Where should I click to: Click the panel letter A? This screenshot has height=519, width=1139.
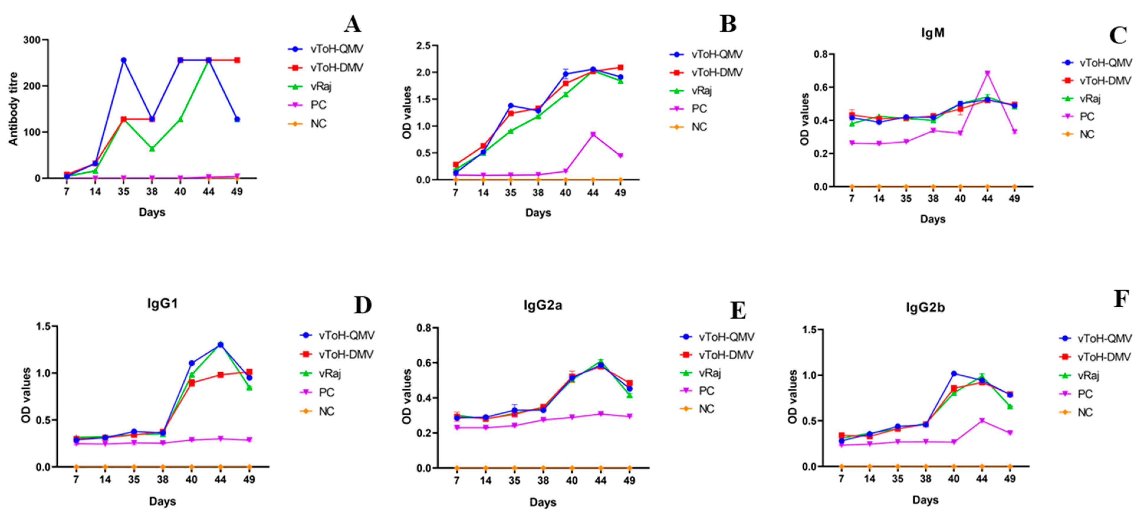click(352, 24)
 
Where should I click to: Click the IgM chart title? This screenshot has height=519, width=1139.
click(933, 33)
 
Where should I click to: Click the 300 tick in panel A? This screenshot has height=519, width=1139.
click(32, 40)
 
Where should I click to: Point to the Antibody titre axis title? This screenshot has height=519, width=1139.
click(13, 109)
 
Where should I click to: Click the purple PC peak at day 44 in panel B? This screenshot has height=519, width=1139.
click(593, 134)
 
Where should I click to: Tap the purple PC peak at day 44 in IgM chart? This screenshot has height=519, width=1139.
click(987, 73)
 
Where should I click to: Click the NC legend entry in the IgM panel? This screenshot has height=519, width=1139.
click(1087, 134)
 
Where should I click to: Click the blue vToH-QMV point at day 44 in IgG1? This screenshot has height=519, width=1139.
click(220, 345)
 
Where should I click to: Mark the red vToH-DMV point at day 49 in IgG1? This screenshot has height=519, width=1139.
click(249, 372)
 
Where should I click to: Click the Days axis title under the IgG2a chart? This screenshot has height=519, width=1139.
click(543, 502)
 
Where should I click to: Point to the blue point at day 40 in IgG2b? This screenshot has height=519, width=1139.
click(954, 374)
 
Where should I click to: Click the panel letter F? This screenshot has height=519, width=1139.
click(1121, 299)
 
